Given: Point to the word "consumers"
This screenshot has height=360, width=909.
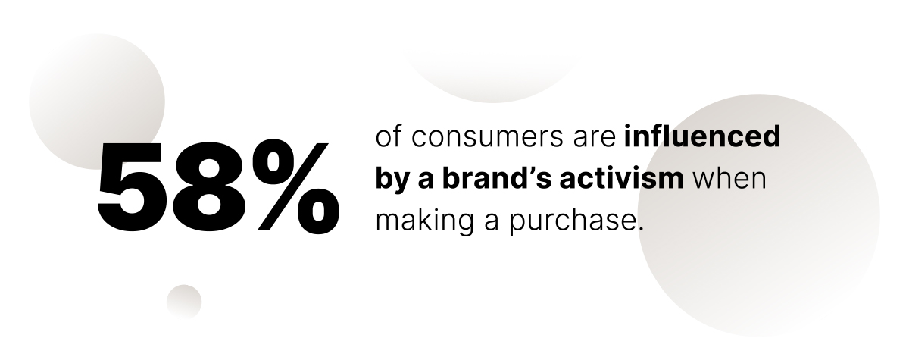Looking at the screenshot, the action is click(x=487, y=138).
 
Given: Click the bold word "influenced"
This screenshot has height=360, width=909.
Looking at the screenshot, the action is click(x=702, y=136).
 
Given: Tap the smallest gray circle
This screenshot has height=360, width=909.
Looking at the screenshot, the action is click(x=184, y=302).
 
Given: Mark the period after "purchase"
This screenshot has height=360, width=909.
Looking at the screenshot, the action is click(x=641, y=228).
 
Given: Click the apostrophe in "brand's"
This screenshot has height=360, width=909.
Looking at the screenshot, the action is click(x=530, y=172).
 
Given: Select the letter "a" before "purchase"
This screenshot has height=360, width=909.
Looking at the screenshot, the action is click(x=492, y=223).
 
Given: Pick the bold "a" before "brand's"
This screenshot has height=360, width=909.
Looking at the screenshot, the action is click(x=425, y=181).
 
